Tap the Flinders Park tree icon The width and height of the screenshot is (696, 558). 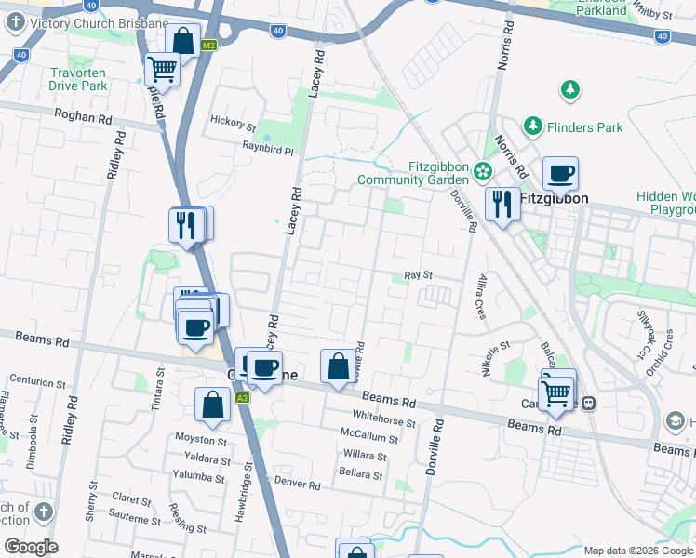point(532,125)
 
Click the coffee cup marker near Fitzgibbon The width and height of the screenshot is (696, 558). point(561,174)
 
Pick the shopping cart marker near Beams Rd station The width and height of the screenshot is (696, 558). point(555,392)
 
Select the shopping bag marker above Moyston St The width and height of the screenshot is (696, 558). point(213,405)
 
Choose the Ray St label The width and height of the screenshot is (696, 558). point(419,275)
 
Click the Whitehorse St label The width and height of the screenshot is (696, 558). point(383,421)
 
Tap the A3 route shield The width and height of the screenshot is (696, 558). point(242,397)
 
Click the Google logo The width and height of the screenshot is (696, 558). point(30,547)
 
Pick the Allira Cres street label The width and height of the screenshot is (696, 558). point(480,297)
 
